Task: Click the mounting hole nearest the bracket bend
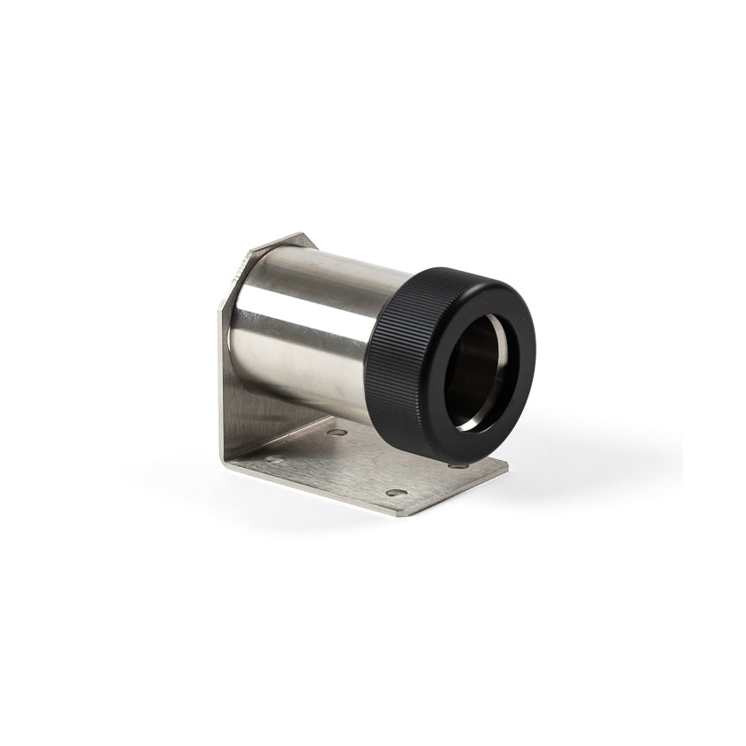click(x=338, y=432)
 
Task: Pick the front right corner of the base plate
click(x=506, y=467)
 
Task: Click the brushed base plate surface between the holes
click(x=355, y=466)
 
